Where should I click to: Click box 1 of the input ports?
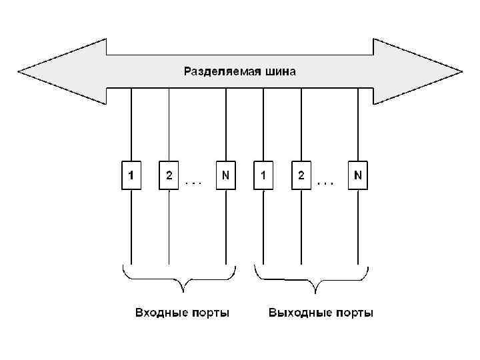click(131, 176)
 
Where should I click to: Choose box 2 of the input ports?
click(169, 176)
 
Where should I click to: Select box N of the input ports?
click(226, 176)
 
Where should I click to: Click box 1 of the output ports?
click(264, 176)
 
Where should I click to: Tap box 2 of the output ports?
click(302, 176)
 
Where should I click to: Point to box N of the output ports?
click(359, 176)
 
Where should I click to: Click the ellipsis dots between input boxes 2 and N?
click(194, 181)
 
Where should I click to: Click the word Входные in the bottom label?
click(159, 313)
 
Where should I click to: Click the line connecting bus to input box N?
click(226, 127)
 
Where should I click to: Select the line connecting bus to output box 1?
click(264, 127)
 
